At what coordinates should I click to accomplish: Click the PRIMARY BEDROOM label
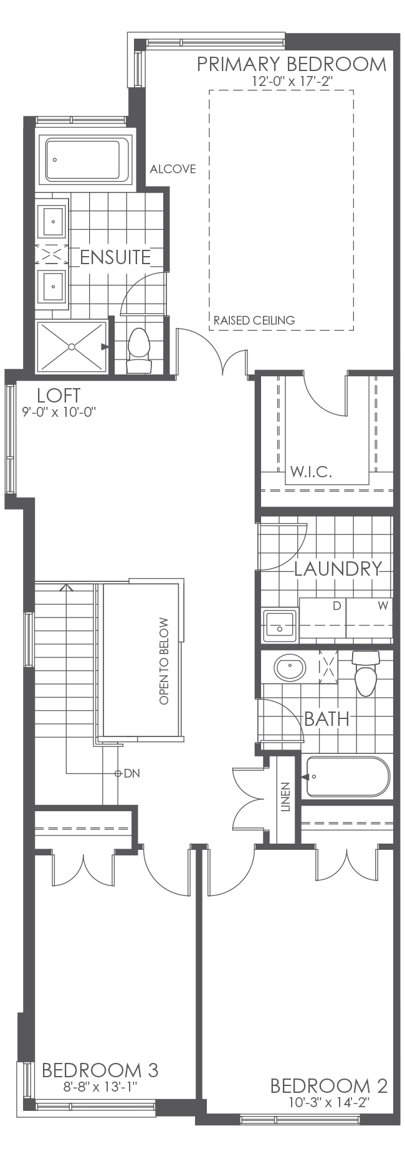292,64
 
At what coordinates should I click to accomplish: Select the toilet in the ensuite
139,351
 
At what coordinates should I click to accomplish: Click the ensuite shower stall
72,346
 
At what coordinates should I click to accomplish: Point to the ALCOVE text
173,169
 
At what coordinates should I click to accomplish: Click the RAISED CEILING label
254,321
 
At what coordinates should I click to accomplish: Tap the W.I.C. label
311,472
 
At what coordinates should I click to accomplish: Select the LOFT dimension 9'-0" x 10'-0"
58,412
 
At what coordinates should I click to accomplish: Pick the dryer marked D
323,619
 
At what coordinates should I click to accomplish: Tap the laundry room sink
279,626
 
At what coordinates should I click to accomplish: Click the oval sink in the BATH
290,669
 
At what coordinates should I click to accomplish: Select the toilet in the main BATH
366,675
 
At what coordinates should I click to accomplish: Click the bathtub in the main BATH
348,777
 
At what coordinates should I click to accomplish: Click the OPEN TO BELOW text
164,661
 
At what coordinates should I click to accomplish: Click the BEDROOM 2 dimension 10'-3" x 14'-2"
328,1102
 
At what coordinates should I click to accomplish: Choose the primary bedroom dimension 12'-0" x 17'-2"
291,81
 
